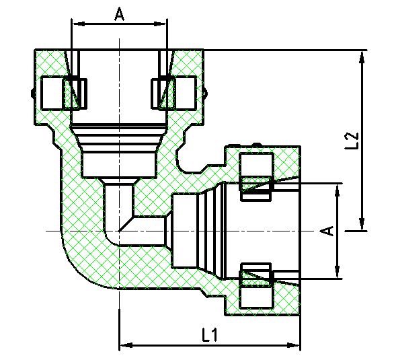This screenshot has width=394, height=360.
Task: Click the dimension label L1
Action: point(209,334)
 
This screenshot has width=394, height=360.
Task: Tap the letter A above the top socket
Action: point(119,13)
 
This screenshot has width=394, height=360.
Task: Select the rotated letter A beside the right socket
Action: point(327,231)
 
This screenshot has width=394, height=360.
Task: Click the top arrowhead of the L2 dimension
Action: point(363,56)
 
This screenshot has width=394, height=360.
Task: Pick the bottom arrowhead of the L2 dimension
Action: point(363,225)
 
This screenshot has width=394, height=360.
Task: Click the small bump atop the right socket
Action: point(255,143)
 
